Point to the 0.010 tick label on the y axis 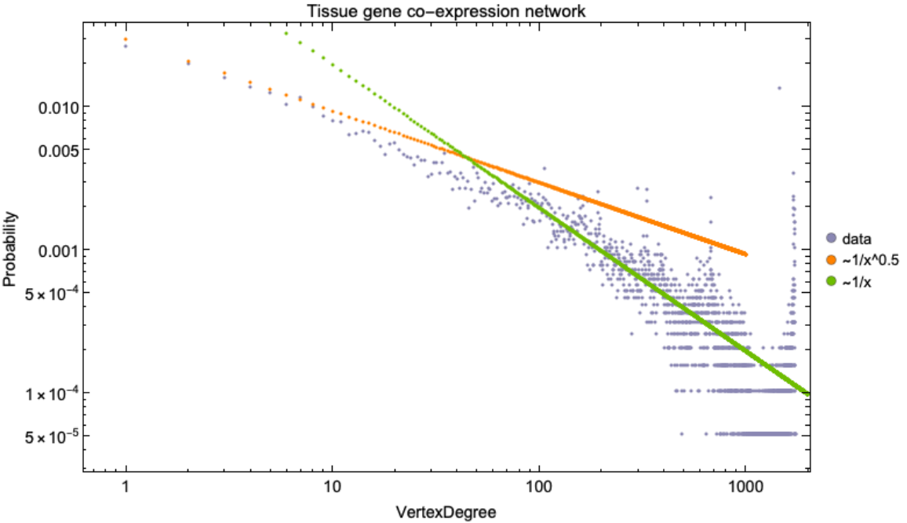pyautogui.click(x=56, y=107)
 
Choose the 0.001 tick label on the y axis pyautogui.click(x=56, y=250)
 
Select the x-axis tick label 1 pyautogui.click(x=126, y=488)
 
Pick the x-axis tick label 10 pyautogui.click(x=332, y=488)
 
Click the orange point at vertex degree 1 pyautogui.click(x=126, y=39)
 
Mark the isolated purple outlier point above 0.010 pyautogui.click(x=778, y=88)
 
